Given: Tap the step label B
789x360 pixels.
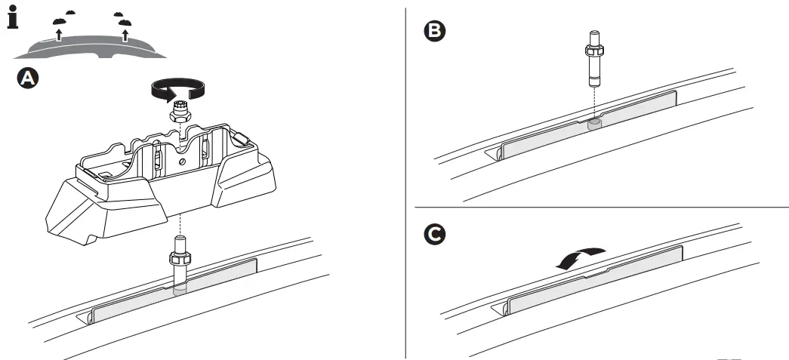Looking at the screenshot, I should (436, 31).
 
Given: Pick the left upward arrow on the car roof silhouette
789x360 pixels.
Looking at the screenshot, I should (58, 33).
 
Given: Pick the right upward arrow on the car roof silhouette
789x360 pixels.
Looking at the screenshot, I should (125, 33).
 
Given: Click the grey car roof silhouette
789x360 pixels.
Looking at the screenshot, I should (91, 48).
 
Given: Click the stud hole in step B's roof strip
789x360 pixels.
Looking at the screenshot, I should (593, 122).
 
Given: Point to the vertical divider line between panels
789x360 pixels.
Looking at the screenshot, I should (407, 181).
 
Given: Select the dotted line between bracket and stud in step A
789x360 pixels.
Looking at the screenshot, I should (180, 223).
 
